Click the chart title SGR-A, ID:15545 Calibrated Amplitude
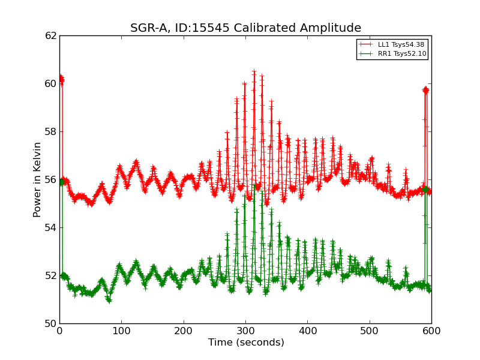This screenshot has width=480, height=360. click(x=245, y=28)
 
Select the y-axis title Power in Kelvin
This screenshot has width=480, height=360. click(x=37, y=179)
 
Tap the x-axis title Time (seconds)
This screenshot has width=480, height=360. click(x=246, y=343)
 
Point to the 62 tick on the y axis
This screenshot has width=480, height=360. click(x=50, y=35)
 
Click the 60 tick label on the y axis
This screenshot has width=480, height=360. click(x=50, y=83)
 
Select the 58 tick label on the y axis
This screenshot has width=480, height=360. click(x=50, y=131)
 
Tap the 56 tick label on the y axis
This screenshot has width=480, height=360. click(x=50, y=179)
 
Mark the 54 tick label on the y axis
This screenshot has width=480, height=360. click(x=50, y=227)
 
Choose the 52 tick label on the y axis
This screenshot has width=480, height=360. click(x=50, y=275)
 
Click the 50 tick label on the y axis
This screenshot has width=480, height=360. click(x=50, y=323)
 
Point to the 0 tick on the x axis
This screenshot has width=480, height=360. click(x=59, y=331)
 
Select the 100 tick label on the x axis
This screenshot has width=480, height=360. click(x=122, y=331)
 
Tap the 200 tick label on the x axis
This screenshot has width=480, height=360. click(x=184, y=331)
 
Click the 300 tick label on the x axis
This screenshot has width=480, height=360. click(x=245, y=331)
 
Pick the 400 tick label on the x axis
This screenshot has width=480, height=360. click(x=308, y=331)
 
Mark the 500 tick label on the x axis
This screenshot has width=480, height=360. click(x=370, y=331)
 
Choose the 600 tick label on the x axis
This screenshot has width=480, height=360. click(x=431, y=331)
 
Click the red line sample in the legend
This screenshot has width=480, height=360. click(x=365, y=44)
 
